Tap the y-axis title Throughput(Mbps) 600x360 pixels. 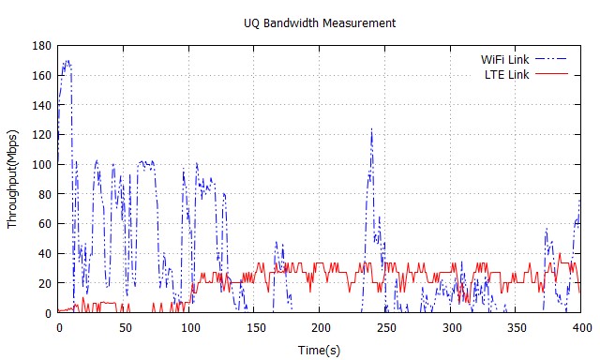coord(13,179)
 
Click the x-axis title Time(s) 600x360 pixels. coord(320,349)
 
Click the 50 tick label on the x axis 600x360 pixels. coord(124,327)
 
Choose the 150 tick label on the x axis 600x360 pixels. coord(255,327)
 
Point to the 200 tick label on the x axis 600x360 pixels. coord(321,327)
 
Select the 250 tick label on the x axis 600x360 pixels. coord(386,327)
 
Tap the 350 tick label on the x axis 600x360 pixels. coord(517,327)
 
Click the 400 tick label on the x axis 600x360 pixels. coord(581,327)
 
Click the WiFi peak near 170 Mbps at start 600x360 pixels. coord(67,62)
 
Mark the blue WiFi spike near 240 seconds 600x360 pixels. coord(371,129)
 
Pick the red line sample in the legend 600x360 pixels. coord(551,73)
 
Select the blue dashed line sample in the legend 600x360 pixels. coord(551,59)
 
